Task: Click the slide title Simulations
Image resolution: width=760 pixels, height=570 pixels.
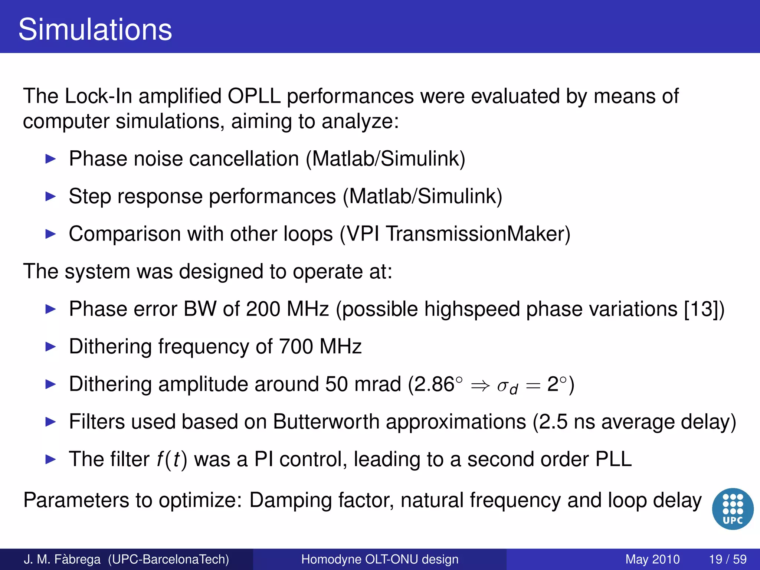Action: coord(95,30)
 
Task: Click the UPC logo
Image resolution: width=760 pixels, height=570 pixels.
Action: coord(733,509)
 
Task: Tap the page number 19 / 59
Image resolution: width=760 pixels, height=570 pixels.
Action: coord(727,559)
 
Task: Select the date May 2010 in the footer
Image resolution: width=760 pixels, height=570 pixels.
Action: coord(652,559)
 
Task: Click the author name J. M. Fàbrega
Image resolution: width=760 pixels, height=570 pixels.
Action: coord(62,559)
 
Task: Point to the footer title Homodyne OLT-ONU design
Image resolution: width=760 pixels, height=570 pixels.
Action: coord(380,559)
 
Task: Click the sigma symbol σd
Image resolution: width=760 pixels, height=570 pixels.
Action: coord(507,386)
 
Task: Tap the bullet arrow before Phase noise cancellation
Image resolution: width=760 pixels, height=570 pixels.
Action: coord(50,159)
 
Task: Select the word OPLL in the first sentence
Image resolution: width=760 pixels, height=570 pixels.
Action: coord(254,96)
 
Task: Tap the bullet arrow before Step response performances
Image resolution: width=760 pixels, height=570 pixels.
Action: coord(50,197)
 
